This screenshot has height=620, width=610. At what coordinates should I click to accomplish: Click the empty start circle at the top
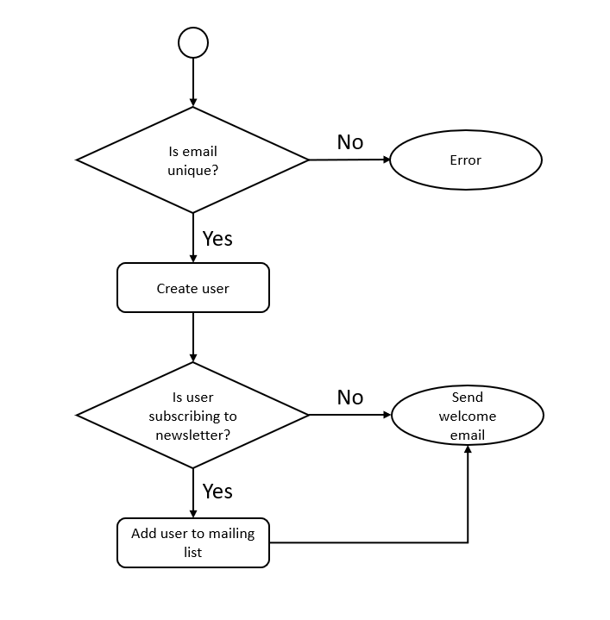[x=192, y=42]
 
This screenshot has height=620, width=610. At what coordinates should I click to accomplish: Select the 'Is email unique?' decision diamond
[x=192, y=160]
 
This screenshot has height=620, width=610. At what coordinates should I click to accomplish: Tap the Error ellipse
[x=466, y=160]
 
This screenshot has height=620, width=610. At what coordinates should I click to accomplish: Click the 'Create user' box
[x=192, y=288]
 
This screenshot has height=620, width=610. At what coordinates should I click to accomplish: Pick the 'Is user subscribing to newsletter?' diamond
[x=192, y=416]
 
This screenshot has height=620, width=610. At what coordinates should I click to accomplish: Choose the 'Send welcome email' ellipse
[x=468, y=416]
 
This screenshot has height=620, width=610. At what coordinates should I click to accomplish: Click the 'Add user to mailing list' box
[x=192, y=542]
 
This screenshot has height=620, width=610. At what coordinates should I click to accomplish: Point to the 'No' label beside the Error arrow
[x=349, y=142]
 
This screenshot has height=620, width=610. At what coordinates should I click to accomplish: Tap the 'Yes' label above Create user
[x=217, y=238]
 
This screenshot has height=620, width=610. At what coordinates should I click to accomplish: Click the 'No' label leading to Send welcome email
[x=349, y=398]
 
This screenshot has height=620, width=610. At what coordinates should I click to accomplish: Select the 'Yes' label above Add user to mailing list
[x=217, y=491]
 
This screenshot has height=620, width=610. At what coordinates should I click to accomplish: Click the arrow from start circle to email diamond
[x=192, y=82]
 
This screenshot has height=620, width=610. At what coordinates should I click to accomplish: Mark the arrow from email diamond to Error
[x=349, y=160]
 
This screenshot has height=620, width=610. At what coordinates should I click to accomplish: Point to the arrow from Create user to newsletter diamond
[x=192, y=336]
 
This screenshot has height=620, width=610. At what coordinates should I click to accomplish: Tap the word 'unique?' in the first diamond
[x=192, y=170]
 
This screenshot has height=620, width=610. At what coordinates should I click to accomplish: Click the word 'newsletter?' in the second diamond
[x=192, y=435]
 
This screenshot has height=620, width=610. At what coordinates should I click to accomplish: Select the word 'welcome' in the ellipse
[x=468, y=416]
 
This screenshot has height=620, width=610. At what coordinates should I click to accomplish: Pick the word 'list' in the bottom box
[x=192, y=552]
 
